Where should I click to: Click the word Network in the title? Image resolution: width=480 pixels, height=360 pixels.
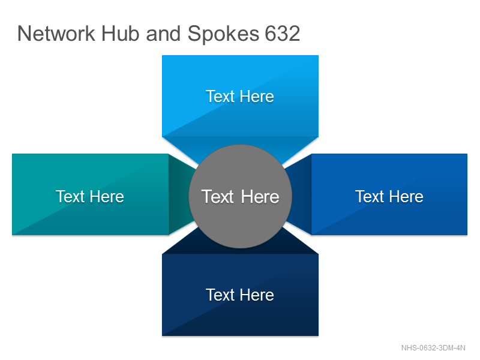pos(56,34)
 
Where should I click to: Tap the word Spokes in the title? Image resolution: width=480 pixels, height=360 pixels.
pos(223,34)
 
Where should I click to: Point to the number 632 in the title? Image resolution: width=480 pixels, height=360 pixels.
pos(282,34)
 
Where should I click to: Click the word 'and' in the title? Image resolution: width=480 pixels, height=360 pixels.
pos(163,34)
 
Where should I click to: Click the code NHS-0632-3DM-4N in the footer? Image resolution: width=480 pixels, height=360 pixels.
pos(433,348)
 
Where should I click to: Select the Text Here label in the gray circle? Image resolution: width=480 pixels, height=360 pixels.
pos(241,197)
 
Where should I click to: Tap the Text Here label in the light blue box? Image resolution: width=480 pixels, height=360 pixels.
pos(240,97)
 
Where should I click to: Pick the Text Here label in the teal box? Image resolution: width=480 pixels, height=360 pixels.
pos(90,197)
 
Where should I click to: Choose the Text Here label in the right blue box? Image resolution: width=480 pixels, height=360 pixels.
pos(389,197)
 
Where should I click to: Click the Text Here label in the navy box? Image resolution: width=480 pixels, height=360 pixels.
pos(240,295)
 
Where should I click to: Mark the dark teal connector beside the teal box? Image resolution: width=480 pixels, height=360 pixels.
pos(181,194)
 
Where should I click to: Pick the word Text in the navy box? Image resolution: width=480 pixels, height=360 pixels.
pos(220,295)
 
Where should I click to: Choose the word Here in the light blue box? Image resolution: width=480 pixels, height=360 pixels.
pos(257,97)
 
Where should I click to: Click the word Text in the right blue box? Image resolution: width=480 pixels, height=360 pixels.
pos(370,197)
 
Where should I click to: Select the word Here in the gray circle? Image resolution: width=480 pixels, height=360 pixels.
pos(260,197)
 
